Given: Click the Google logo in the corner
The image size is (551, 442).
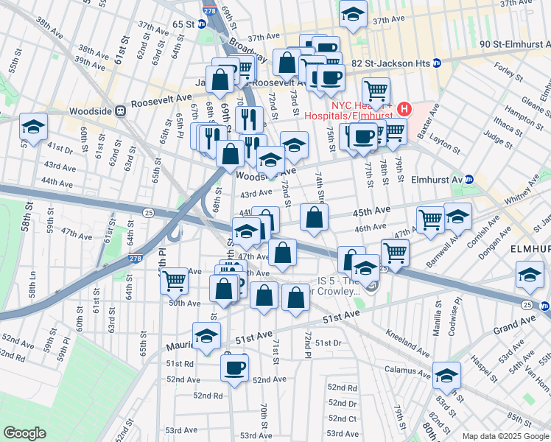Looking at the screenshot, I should (x=24, y=433).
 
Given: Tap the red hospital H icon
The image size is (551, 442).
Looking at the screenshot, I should (x=403, y=109).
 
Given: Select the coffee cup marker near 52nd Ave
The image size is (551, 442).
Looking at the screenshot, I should (x=235, y=367).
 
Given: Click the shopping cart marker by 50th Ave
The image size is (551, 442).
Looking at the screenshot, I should (x=174, y=280).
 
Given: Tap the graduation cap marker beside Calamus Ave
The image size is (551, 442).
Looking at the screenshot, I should (x=446, y=375).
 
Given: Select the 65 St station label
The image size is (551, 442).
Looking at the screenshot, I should (x=183, y=24).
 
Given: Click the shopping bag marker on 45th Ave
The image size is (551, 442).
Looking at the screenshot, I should (x=315, y=217).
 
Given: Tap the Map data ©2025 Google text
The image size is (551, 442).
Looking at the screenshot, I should (x=505, y=436).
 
